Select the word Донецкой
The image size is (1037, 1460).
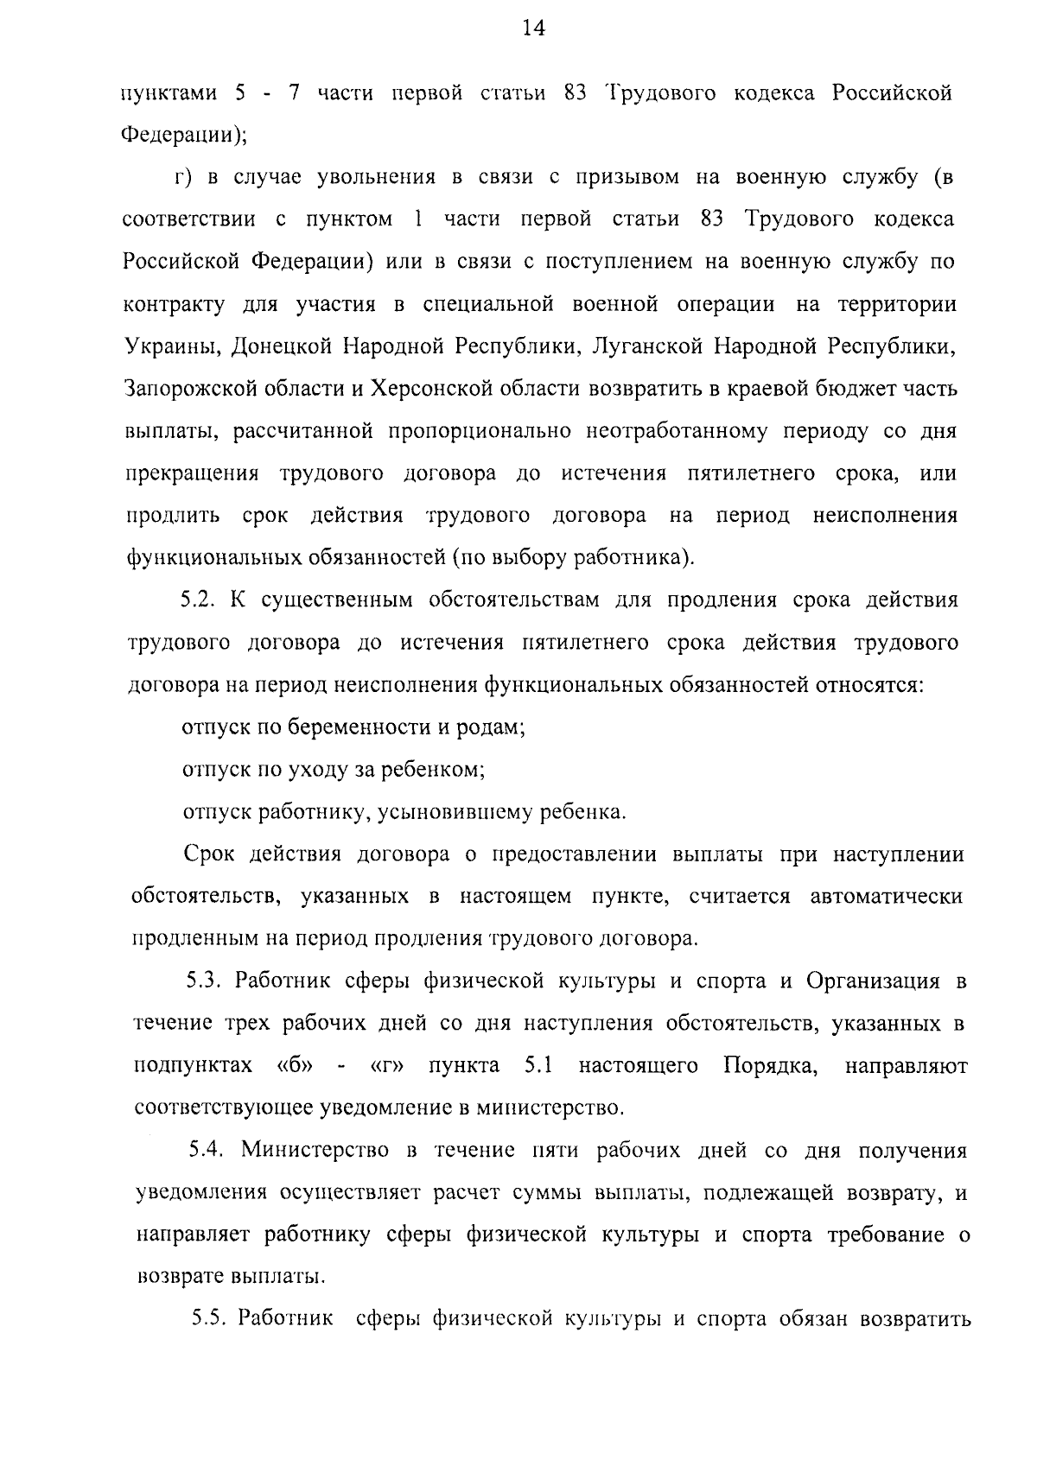coord(271,347)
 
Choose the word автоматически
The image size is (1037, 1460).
coord(887,897)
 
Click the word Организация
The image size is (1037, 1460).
coord(873,982)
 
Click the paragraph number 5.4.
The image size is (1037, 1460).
coord(207,1152)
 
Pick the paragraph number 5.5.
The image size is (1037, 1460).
coord(209,1320)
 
